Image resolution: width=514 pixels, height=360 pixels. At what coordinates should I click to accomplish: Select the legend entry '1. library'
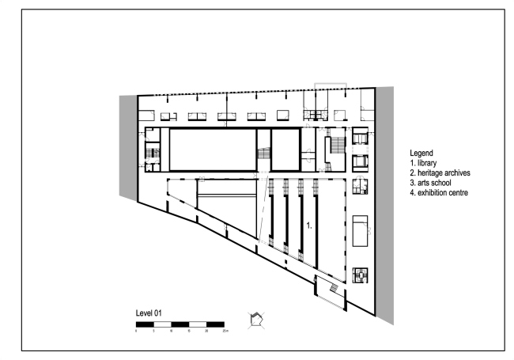[426, 162]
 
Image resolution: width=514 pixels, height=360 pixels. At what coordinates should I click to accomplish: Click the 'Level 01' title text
[149, 314]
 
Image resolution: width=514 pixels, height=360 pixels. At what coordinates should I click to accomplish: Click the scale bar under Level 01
[180, 324]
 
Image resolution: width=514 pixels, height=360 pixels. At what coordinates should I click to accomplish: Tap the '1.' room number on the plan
[310, 225]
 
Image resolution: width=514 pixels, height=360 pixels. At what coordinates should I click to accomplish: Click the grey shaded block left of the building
[127, 146]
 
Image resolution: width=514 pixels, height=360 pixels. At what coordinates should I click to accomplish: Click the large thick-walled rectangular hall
[213, 150]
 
